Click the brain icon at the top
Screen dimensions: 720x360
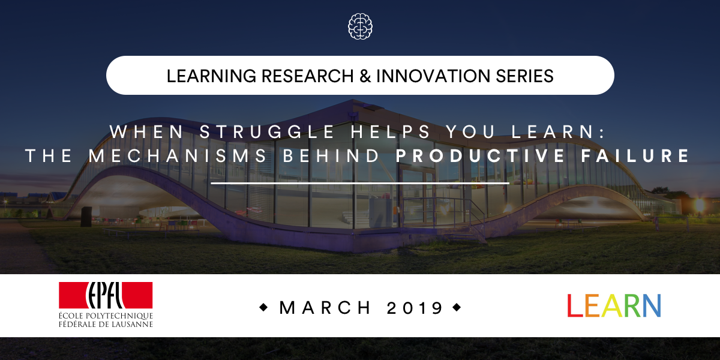click(x=360, y=26)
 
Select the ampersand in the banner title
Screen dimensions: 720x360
click(x=365, y=76)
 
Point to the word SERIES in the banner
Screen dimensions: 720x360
click(x=524, y=76)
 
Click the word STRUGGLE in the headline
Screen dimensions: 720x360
click(x=268, y=131)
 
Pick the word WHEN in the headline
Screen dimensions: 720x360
click(x=146, y=131)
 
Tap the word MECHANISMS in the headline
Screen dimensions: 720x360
click(x=178, y=156)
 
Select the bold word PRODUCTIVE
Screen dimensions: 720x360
click(x=481, y=156)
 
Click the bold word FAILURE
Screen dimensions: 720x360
click(x=635, y=156)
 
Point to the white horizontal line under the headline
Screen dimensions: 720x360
click(x=360, y=183)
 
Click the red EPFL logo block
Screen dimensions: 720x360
click(x=106, y=295)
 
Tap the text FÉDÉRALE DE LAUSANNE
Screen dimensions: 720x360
click(x=106, y=324)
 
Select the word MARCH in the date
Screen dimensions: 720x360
click(x=325, y=308)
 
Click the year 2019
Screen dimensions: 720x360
click(x=415, y=308)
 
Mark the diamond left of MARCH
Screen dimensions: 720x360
click(x=263, y=308)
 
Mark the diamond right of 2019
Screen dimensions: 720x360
click(x=457, y=308)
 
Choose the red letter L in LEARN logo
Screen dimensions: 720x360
click(x=575, y=305)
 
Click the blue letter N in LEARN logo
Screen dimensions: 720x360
click(x=652, y=305)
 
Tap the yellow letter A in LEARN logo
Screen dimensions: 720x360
click(x=612, y=305)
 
